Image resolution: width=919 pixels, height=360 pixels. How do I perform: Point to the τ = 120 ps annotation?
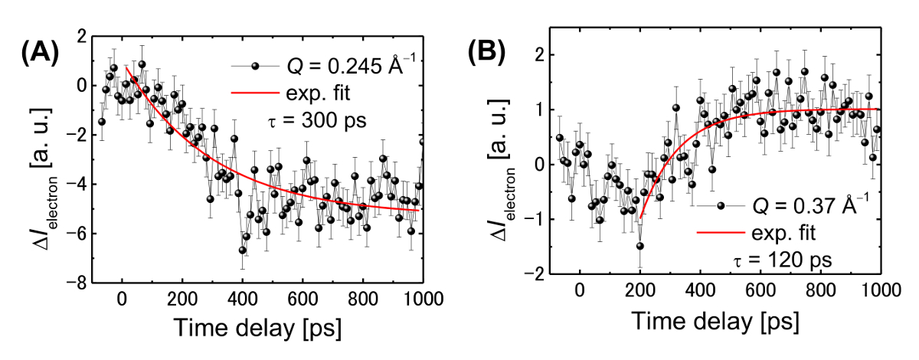[781, 259]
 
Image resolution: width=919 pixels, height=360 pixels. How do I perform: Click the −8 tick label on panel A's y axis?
[77, 283]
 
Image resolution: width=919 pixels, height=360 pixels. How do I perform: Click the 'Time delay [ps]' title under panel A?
[257, 327]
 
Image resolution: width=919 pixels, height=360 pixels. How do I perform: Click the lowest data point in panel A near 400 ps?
[242, 250]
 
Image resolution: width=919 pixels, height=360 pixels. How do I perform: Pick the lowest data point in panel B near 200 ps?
[639, 246]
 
